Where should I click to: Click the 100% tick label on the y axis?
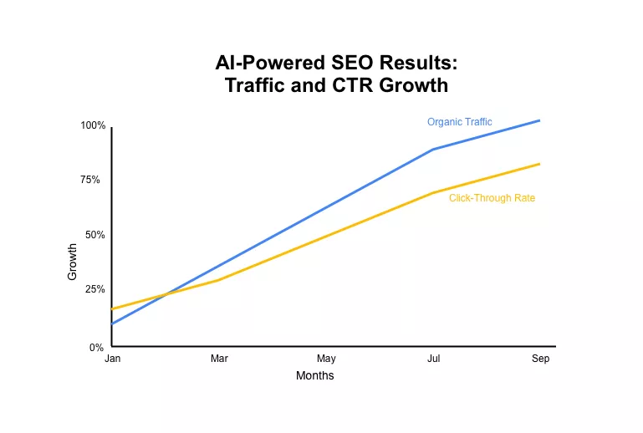[x=93, y=125]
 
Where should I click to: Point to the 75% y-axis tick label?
[x=90, y=180]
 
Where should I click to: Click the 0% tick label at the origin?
[x=97, y=347]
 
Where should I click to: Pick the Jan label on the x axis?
[x=112, y=359]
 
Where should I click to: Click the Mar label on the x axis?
[x=219, y=359]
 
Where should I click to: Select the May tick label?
[x=326, y=359]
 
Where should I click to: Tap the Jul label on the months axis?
[x=433, y=359]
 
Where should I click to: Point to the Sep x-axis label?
[x=540, y=359]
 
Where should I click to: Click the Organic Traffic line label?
[x=459, y=122]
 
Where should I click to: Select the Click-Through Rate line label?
[x=492, y=198]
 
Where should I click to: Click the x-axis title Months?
[x=314, y=376]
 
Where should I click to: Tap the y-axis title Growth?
[x=73, y=261]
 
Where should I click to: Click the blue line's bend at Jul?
[x=433, y=150]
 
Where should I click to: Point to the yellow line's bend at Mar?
[x=219, y=279]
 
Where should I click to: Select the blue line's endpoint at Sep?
[x=540, y=120]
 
